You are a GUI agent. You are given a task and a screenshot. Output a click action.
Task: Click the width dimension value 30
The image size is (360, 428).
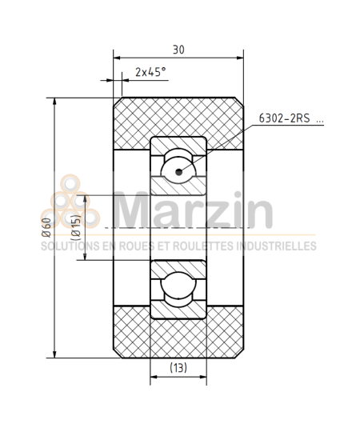click(x=178, y=50)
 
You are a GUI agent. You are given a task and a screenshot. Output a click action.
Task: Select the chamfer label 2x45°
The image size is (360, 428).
click(x=150, y=72)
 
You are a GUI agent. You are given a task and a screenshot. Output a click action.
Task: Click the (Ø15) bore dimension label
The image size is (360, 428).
click(x=74, y=229)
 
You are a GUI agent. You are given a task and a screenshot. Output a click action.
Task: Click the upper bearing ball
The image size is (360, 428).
click(x=178, y=169)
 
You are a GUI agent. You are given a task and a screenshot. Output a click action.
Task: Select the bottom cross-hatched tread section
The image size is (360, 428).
click(x=178, y=334)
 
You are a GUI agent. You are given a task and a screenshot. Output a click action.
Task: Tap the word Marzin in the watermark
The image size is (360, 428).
click(x=192, y=210)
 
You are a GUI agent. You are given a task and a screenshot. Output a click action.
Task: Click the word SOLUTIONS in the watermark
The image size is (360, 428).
click(x=71, y=246)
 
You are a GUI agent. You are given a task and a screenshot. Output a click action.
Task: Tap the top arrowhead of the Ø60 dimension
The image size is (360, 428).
click(x=54, y=101)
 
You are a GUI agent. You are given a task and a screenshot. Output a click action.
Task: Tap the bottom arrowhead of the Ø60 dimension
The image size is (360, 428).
click(x=54, y=355)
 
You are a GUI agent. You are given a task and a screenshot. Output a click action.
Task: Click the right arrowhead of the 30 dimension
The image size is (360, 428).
click(x=239, y=58)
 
